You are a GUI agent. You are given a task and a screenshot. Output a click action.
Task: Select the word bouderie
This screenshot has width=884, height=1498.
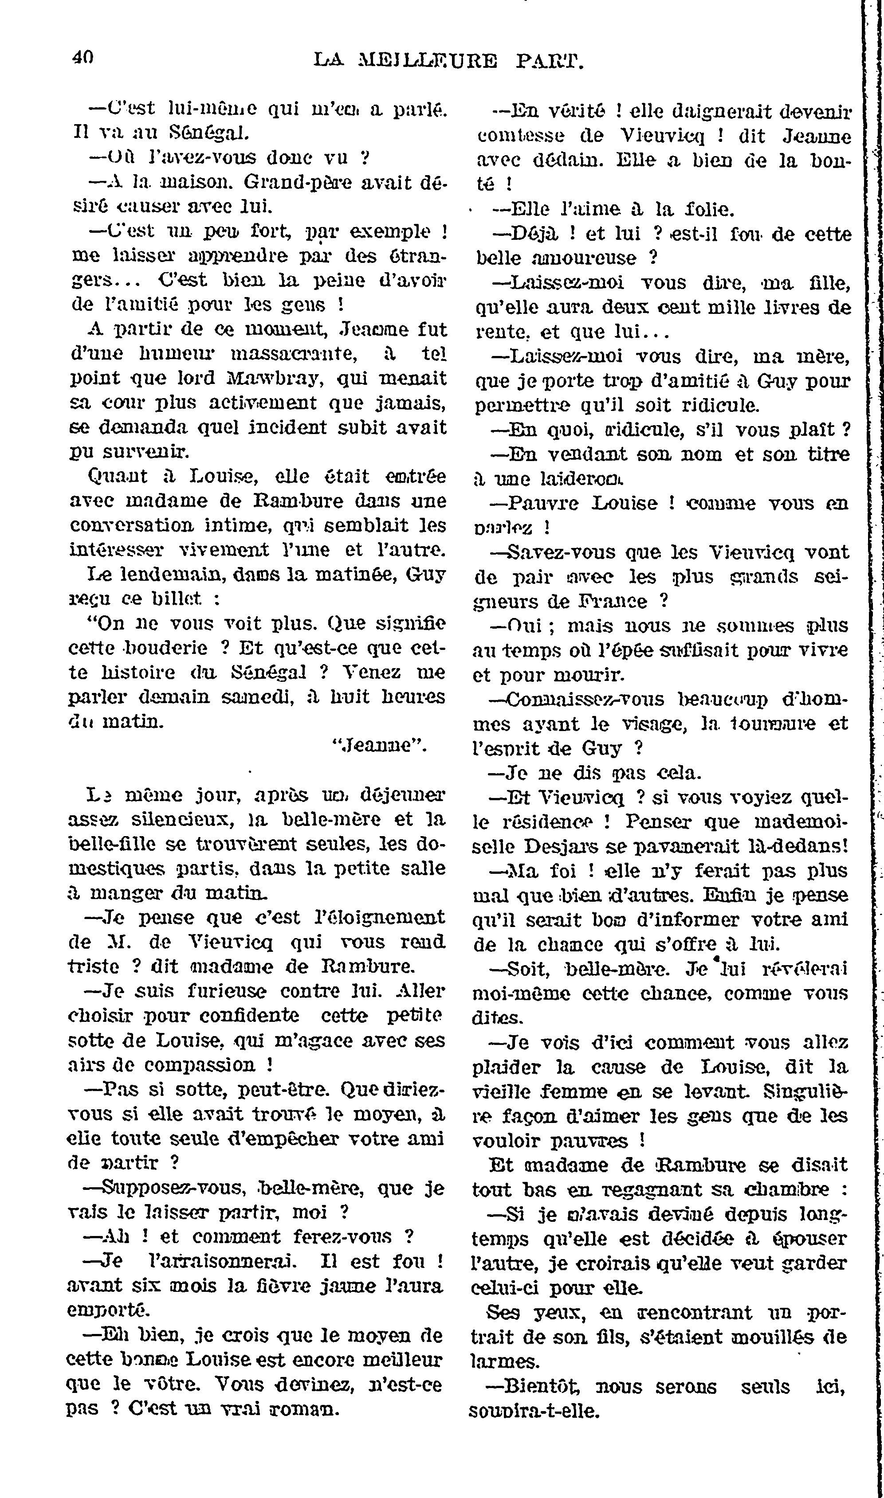point(157,647)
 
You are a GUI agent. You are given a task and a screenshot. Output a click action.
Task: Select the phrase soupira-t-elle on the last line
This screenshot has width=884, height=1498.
point(534,1411)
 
